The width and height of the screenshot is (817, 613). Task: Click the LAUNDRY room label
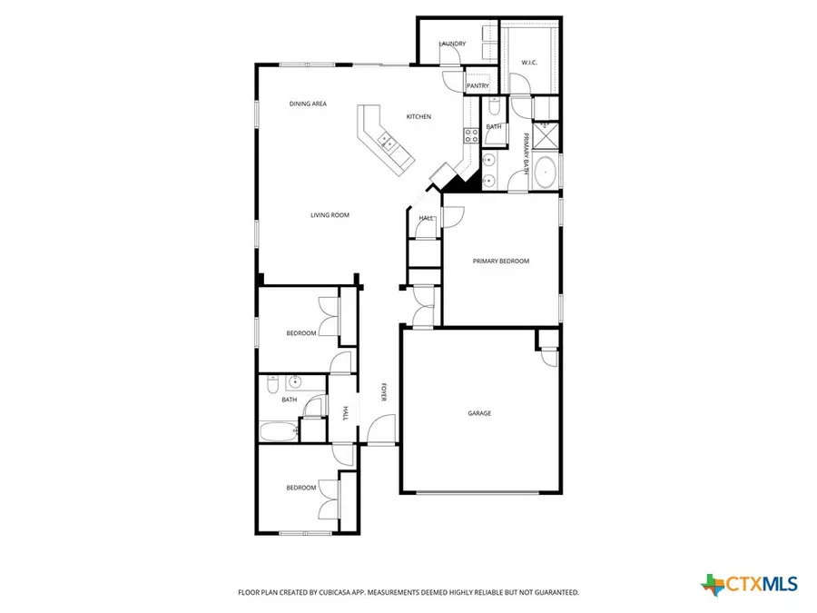point(452,44)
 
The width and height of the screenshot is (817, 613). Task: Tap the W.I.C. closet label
point(529,63)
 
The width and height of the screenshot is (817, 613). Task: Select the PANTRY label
point(477,86)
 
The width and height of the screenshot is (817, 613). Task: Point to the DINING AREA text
point(308,104)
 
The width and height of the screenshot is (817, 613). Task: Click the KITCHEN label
point(418,116)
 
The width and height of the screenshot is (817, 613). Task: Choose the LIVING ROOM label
point(330,215)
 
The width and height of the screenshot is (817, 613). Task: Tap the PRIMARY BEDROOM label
point(500,261)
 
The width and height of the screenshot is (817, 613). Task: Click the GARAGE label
point(479,413)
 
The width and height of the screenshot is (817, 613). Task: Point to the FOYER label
point(384,392)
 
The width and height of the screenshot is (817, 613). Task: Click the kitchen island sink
point(385,141)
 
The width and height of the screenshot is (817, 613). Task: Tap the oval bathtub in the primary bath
point(545,172)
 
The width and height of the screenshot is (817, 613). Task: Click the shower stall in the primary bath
point(547,138)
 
